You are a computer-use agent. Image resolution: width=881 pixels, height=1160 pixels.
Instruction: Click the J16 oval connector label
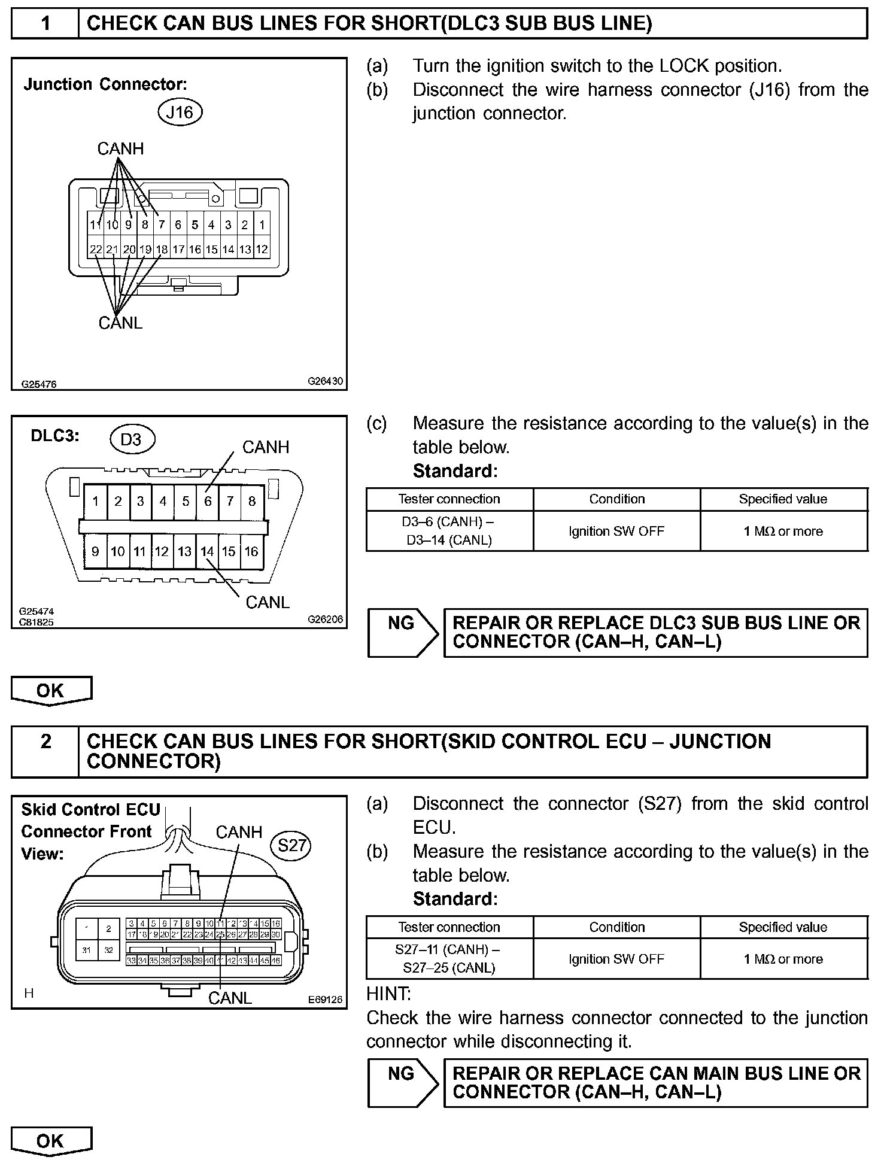point(180,113)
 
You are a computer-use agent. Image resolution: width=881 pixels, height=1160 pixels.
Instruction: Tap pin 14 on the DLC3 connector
point(207,551)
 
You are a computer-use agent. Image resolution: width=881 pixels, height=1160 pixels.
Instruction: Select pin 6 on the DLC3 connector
point(208,501)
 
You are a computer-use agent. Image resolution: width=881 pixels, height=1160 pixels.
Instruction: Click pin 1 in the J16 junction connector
point(262,225)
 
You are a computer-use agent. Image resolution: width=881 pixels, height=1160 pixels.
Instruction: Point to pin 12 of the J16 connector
point(262,249)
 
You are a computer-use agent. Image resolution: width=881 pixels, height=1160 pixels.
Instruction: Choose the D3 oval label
point(132,440)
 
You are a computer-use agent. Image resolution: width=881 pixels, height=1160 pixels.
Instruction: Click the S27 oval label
point(292,845)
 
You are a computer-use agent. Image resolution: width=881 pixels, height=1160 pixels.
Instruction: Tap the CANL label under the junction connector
point(120,323)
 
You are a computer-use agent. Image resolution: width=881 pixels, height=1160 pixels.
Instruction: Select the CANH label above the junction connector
point(120,148)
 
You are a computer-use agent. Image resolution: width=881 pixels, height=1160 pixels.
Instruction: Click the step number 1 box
point(45,24)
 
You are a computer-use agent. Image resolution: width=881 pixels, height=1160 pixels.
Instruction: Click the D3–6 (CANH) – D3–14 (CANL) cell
point(449,531)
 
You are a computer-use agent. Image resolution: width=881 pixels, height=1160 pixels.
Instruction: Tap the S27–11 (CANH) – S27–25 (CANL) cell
point(449,959)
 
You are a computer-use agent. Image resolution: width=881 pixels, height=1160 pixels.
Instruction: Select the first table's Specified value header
point(783,499)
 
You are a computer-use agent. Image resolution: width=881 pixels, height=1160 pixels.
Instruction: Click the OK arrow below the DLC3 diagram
point(51,691)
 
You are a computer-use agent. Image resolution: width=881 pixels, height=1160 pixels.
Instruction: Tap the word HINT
point(388,994)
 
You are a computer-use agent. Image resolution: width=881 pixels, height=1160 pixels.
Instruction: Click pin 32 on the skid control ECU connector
point(109,950)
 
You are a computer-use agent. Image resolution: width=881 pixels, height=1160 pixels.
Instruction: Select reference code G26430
point(326,381)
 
